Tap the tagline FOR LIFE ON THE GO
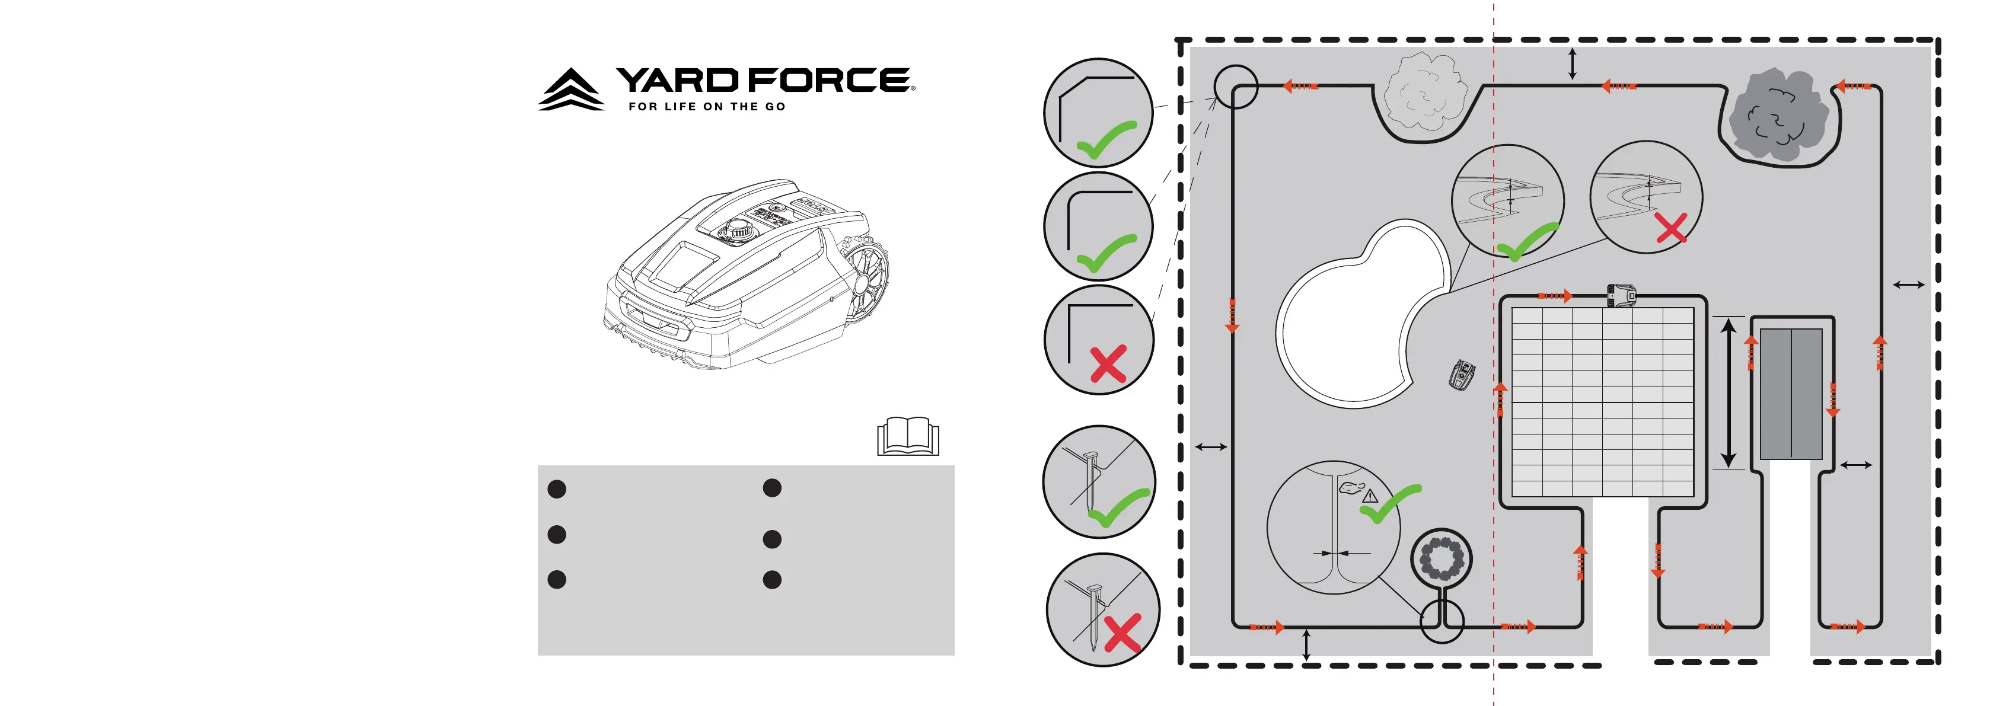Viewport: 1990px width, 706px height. tap(706, 107)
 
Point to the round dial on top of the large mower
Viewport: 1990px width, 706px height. tap(738, 229)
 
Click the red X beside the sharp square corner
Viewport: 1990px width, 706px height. tap(1108, 364)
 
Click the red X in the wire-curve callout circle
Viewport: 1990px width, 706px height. tap(1671, 229)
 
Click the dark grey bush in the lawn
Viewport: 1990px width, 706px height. tap(1777, 116)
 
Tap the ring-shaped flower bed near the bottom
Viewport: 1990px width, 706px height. tap(1442, 557)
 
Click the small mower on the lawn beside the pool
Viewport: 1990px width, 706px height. tap(1462, 375)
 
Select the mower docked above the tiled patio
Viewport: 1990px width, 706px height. tap(1621, 294)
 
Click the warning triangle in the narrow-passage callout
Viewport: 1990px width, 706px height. tap(1370, 496)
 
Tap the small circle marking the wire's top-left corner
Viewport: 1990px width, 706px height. tap(1235, 87)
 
